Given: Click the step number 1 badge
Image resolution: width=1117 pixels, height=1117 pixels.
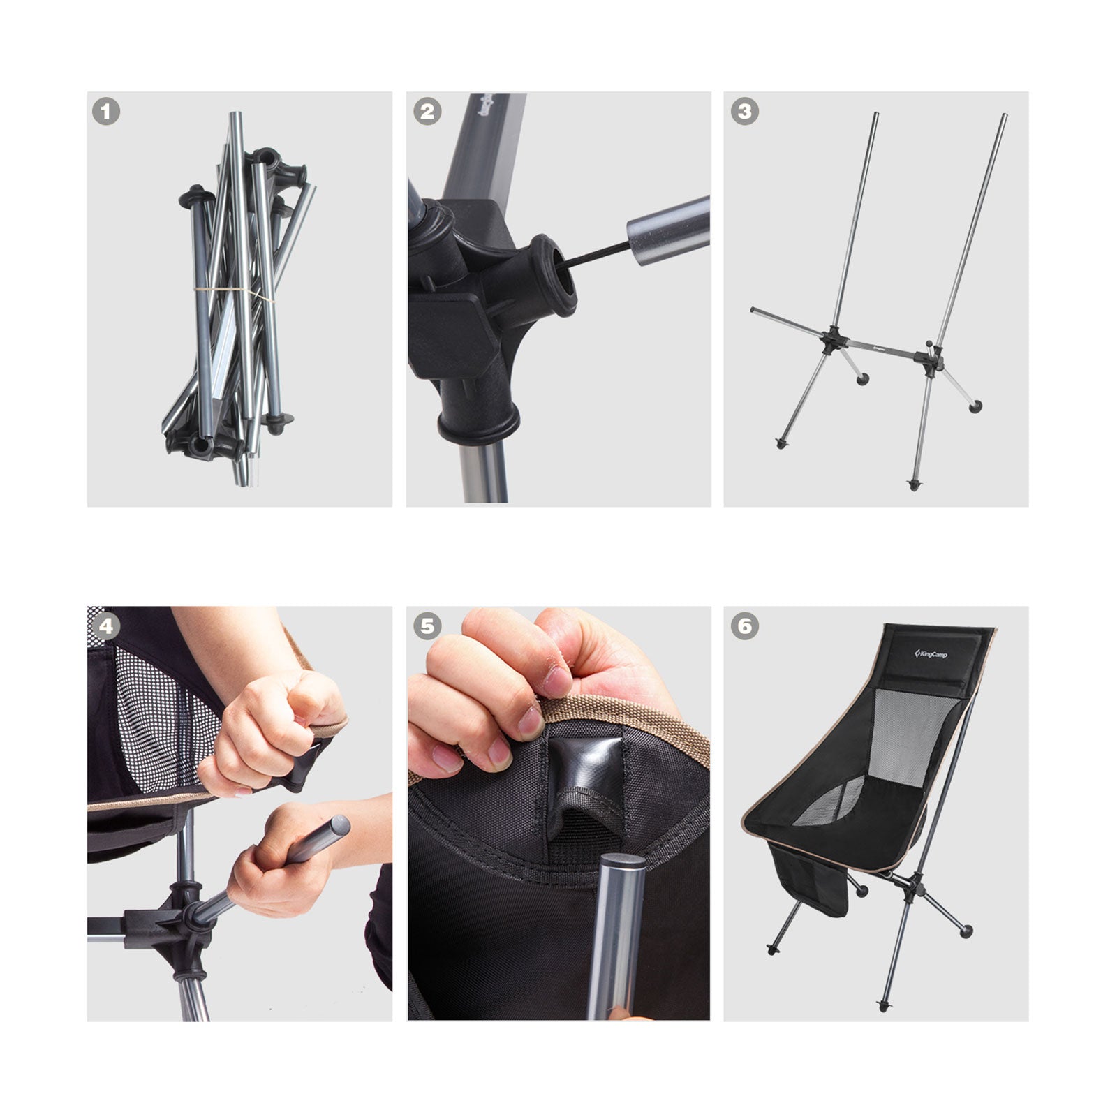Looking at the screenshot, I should pyautogui.click(x=106, y=112).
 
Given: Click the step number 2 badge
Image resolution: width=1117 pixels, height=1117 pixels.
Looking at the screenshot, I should pyautogui.click(x=427, y=112).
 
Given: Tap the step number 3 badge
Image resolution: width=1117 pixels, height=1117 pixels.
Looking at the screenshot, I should pyautogui.click(x=744, y=112).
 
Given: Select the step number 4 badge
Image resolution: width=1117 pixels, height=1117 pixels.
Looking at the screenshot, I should pyautogui.click(x=106, y=626).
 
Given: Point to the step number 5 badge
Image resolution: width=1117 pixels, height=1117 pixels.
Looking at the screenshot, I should pyautogui.click(x=427, y=626).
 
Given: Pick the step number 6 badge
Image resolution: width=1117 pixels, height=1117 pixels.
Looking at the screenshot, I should pyautogui.click(x=744, y=626).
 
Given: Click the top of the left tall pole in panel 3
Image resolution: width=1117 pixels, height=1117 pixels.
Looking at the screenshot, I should pyautogui.click(x=875, y=115).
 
